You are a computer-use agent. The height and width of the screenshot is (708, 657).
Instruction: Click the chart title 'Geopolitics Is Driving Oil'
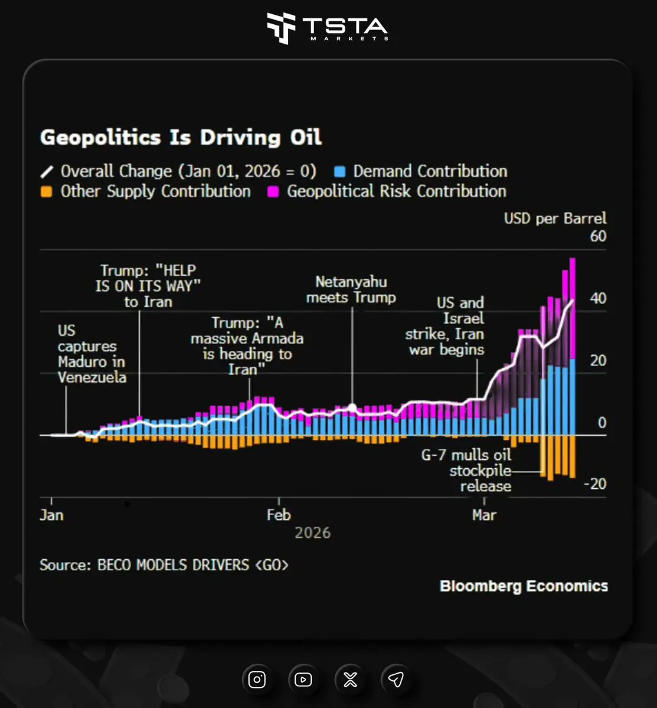point(181,138)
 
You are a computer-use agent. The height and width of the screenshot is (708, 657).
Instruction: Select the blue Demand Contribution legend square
point(339,172)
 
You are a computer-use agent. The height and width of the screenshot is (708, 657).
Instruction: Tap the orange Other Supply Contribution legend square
point(47,192)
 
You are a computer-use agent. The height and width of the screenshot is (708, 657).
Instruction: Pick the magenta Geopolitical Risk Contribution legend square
point(273,192)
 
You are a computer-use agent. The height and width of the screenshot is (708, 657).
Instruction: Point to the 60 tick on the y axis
point(597,236)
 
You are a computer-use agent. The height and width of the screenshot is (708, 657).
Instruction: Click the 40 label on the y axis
point(597,298)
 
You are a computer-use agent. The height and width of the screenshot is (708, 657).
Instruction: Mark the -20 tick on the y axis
point(595,484)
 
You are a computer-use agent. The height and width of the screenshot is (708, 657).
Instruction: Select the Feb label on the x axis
point(279,515)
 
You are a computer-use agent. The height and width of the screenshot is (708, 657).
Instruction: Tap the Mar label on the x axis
point(484,515)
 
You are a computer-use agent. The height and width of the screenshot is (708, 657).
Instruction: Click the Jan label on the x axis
point(51,515)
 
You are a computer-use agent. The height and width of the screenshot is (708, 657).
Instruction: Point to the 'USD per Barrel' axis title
point(555,218)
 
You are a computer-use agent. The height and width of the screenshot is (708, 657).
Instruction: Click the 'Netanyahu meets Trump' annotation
point(351,290)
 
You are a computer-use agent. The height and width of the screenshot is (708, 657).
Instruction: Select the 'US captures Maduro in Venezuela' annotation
point(91,354)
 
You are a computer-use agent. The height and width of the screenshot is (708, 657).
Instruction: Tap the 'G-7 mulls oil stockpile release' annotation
point(466,471)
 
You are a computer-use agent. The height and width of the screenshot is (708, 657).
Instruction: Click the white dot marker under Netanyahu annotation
point(352,407)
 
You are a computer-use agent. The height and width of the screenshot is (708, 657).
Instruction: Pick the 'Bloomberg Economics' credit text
point(524,586)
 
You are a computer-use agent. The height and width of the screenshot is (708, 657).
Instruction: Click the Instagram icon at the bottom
point(257,680)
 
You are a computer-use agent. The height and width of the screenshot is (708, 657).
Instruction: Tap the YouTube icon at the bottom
point(303,680)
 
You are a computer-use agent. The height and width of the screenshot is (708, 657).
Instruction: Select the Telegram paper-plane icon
point(396,680)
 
